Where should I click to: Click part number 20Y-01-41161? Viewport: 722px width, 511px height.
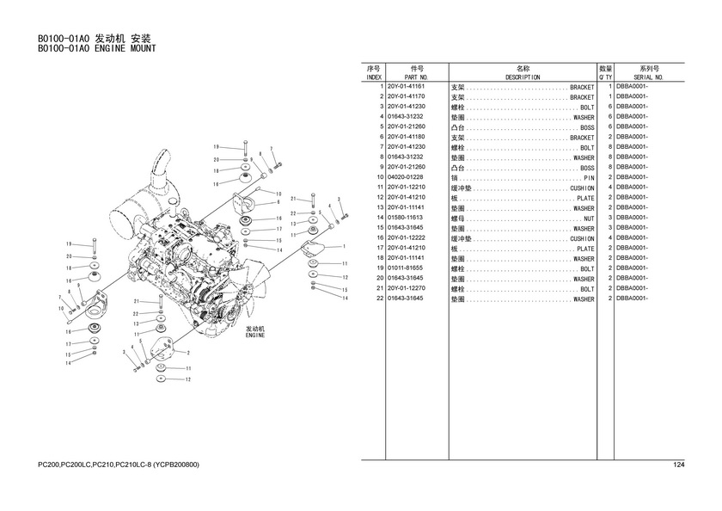[406, 88]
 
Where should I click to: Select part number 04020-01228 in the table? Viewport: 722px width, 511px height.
[406, 178]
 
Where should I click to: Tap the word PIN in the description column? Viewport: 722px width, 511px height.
[589, 178]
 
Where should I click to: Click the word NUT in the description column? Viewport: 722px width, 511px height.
[589, 219]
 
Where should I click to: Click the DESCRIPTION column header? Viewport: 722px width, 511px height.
[523, 77]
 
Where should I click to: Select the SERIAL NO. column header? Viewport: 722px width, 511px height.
[649, 77]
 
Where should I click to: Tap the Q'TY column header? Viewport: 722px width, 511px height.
[605, 77]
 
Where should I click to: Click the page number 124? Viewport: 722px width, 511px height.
[678, 465]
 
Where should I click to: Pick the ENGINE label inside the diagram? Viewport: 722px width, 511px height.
[255, 335]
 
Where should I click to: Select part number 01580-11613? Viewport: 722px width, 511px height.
[406, 219]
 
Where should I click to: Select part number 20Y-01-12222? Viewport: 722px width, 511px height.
[406, 238]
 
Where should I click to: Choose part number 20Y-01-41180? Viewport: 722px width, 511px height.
[406, 138]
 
